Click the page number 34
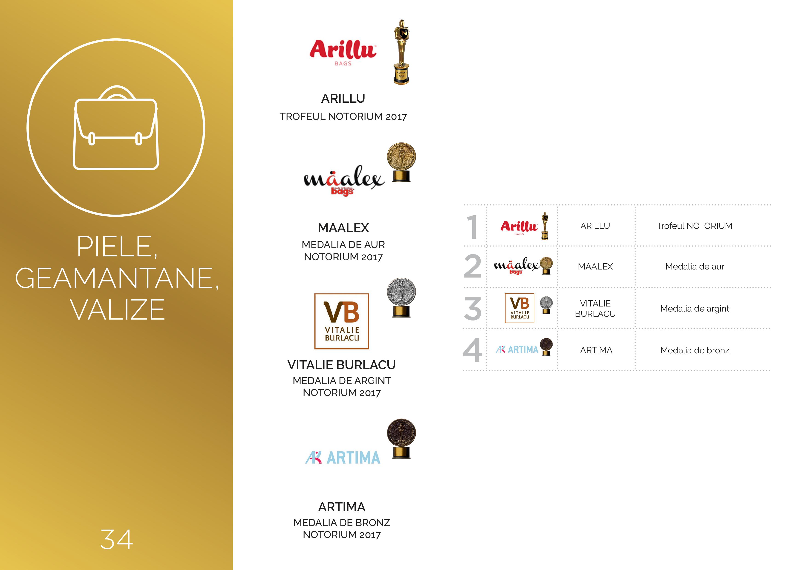point(116,539)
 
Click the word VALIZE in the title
point(117,309)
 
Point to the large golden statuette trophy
point(401,52)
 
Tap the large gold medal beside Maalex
point(401,162)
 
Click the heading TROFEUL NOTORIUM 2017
point(343,116)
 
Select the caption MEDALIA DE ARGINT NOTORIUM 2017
point(342,386)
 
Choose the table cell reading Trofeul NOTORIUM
point(695,226)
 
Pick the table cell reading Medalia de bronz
point(695,350)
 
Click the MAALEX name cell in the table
point(595,267)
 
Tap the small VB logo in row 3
point(519,308)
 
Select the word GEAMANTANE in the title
point(117,278)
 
